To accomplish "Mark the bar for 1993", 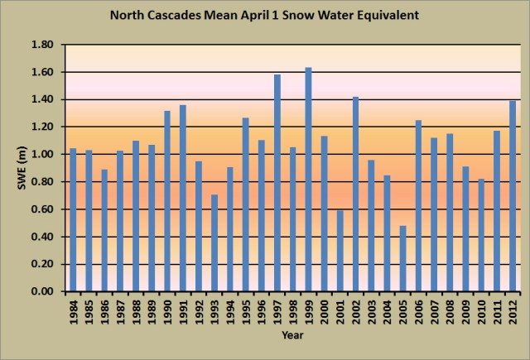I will [x=214, y=243].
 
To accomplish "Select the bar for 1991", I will [x=183, y=199].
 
